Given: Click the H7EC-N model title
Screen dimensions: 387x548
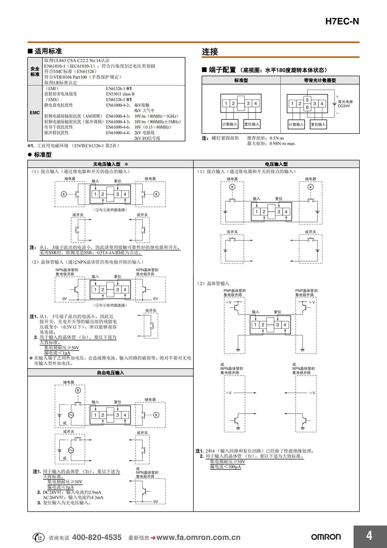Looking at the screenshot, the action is click(342, 21).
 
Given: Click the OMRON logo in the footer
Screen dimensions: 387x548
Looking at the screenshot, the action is click(326, 537).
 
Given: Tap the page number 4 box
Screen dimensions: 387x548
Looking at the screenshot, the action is click(369, 536).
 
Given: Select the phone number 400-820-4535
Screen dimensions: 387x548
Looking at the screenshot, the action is click(97, 537).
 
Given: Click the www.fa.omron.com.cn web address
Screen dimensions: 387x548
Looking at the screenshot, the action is click(198, 537).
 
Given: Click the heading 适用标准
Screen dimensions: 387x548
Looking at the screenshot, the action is click(48, 51).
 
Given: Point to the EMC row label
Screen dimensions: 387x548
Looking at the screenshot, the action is click(35, 113).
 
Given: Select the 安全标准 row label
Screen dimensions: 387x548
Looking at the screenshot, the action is click(35, 71).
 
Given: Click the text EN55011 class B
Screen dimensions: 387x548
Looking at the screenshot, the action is click(120, 94).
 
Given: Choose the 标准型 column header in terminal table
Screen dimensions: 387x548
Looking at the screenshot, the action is click(241, 80).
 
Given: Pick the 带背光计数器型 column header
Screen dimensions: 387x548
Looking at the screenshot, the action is click(320, 80).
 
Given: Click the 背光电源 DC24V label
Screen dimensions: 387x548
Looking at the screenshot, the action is click(345, 104).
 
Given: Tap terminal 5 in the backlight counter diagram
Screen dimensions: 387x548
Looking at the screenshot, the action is click(307, 100).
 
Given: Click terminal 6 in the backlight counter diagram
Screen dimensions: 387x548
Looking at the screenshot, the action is click(307, 107).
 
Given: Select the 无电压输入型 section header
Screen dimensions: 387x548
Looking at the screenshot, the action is click(107, 164).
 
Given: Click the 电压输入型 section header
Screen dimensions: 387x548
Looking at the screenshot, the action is click(276, 164).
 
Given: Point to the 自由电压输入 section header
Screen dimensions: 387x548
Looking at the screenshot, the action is click(110, 373).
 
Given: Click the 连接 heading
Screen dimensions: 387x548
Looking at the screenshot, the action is click(210, 52).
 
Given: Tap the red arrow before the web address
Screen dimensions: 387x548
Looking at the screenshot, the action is click(153, 538).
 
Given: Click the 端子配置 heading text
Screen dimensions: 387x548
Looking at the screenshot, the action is click(222, 70).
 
